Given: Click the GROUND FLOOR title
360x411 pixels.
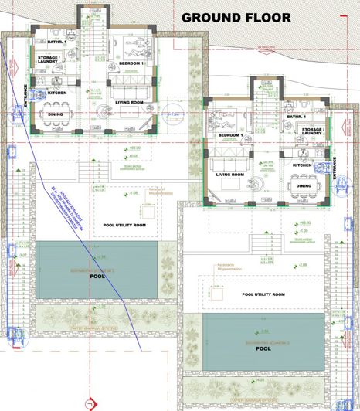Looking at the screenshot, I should pyautogui.click(x=236, y=17).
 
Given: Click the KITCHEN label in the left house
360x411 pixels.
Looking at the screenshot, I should pyautogui.click(x=56, y=93).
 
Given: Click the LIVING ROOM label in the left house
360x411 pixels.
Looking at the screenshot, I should pyautogui.click(x=130, y=101).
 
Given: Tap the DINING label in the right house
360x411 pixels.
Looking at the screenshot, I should pyautogui.click(x=304, y=185).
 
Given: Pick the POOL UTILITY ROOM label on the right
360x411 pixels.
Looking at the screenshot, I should pyautogui.click(x=263, y=294).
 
